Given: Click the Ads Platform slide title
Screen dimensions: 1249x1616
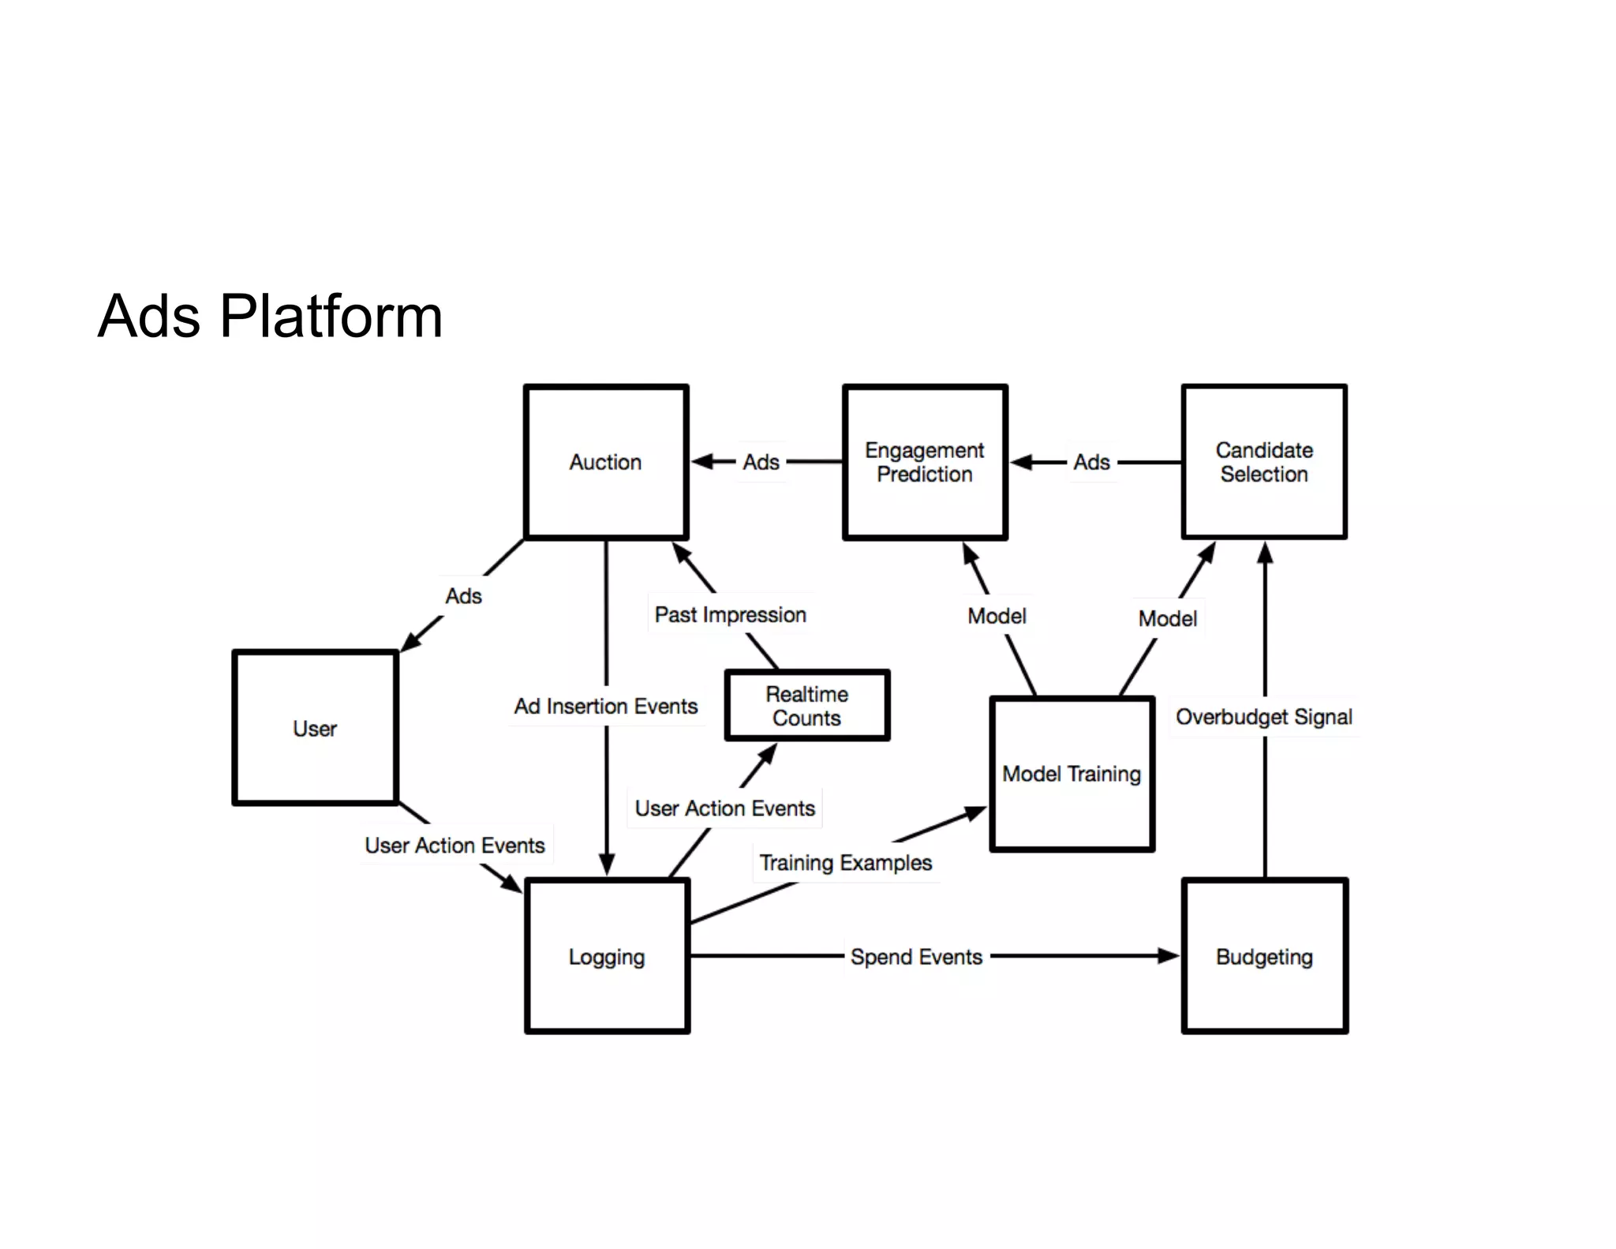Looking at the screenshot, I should click(x=270, y=316).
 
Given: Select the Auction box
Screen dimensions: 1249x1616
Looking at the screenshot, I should click(x=606, y=462).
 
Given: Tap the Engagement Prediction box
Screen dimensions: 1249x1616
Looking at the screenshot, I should click(x=925, y=462).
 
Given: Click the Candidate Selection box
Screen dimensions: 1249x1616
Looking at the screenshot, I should click(x=1264, y=462).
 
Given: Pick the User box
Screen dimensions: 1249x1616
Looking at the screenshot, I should click(x=315, y=728).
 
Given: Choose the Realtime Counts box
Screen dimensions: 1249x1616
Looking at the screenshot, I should click(x=806, y=706).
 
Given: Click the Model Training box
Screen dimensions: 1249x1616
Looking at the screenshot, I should click(x=1072, y=774).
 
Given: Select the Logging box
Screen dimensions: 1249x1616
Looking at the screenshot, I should click(x=607, y=956).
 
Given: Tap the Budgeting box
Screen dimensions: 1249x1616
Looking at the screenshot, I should click(x=1264, y=956).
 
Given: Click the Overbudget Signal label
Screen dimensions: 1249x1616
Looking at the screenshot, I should click(x=1263, y=717).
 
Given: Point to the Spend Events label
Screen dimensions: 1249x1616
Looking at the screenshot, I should click(x=916, y=957).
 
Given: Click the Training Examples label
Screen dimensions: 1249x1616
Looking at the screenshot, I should click(x=845, y=862).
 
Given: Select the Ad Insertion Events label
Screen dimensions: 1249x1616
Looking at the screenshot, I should click(x=606, y=706).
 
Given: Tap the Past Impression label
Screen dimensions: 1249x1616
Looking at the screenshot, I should click(x=730, y=614).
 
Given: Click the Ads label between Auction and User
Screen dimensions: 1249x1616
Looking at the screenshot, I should click(x=463, y=596).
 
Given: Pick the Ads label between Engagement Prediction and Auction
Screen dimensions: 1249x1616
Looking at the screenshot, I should click(x=761, y=462).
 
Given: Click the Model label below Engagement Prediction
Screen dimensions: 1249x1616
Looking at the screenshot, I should click(x=997, y=616).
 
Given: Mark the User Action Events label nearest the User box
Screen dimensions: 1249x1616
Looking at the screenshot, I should click(x=454, y=845).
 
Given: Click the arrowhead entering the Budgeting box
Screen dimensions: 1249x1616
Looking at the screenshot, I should click(x=1169, y=956).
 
